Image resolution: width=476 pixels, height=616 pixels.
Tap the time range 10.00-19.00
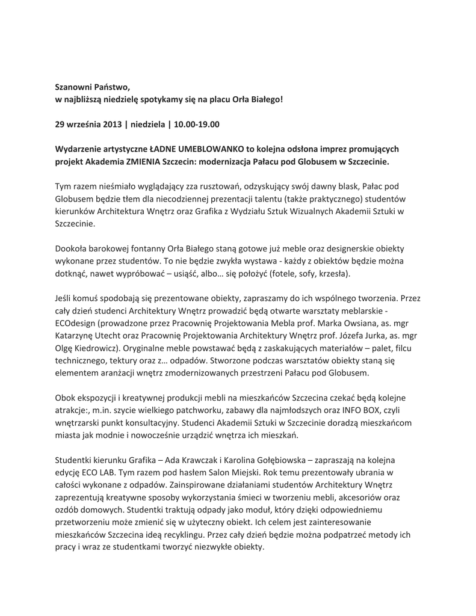(x=197, y=125)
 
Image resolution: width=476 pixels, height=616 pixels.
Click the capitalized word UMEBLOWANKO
(x=206, y=149)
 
